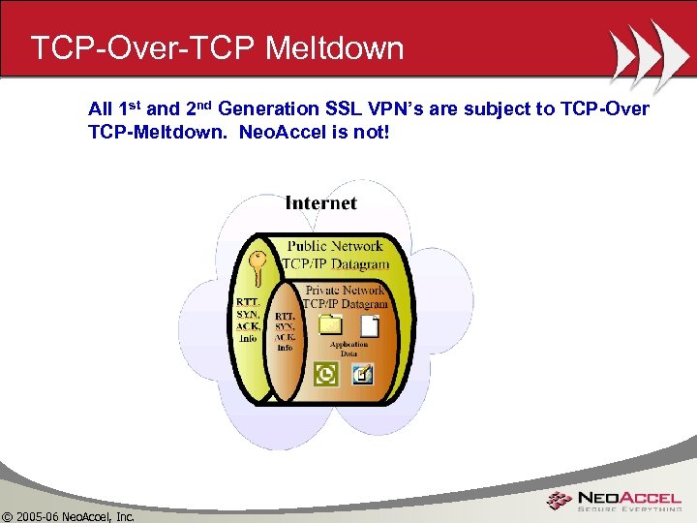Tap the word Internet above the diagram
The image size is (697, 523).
[x=320, y=203]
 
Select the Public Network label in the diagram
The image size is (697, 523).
[x=335, y=246]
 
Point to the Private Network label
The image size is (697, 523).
[x=346, y=290]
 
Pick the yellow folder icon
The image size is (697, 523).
[x=331, y=324]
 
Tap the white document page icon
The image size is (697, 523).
[x=369, y=325]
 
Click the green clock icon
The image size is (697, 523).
[x=326, y=373]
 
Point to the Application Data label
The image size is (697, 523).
[x=348, y=349]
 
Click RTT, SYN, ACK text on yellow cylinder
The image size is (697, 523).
[x=248, y=319]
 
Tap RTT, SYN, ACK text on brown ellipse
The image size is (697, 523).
[x=285, y=330]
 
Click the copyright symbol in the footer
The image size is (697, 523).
[x=7, y=515]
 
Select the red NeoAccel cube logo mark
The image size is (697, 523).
[x=559, y=501]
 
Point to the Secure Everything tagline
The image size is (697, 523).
[x=630, y=509]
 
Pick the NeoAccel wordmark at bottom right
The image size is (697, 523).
[x=630, y=495]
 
